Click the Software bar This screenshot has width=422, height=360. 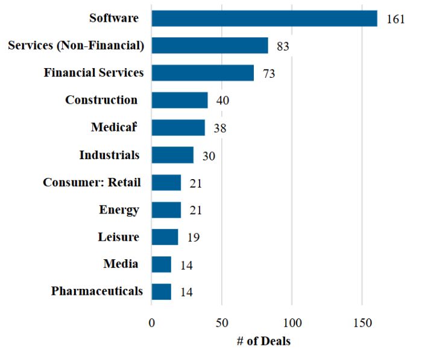(x=264, y=18)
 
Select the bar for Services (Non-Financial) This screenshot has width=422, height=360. (x=210, y=46)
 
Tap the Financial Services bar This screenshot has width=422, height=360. (x=203, y=73)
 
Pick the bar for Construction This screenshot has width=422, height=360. (x=180, y=100)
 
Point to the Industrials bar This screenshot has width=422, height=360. (x=172, y=155)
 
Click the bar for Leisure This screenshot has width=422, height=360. (x=165, y=237)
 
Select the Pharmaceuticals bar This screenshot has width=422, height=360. (x=162, y=292)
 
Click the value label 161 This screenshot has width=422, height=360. (x=395, y=19)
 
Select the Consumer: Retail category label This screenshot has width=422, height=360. (x=92, y=182)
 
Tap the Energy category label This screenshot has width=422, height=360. (x=119, y=210)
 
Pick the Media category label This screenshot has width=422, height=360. (x=121, y=264)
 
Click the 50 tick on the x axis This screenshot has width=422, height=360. (x=222, y=321)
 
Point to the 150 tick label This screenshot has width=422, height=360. (x=362, y=321)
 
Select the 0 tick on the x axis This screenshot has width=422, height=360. (x=152, y=321)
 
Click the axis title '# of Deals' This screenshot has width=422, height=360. (x=263, y=341)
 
